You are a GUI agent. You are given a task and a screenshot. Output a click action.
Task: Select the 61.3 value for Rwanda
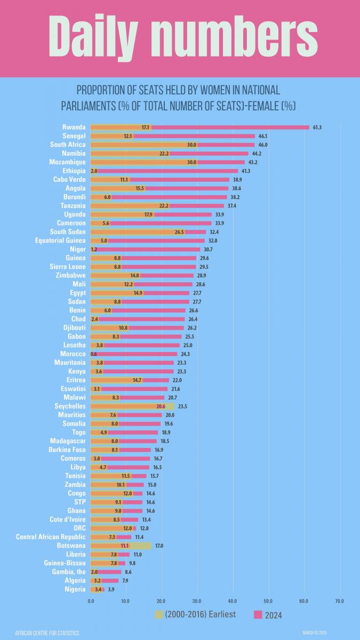317,127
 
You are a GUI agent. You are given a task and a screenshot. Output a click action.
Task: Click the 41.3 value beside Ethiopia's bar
245,171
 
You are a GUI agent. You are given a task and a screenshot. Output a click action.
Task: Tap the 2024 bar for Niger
149,249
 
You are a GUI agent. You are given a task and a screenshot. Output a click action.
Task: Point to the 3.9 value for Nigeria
110,589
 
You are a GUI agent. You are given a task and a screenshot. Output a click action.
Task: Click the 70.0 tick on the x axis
339,601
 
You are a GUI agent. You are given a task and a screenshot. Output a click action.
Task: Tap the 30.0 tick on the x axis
197,601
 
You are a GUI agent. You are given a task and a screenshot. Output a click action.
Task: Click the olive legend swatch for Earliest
158,614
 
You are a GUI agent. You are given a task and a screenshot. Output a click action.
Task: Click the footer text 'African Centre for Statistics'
47,633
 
